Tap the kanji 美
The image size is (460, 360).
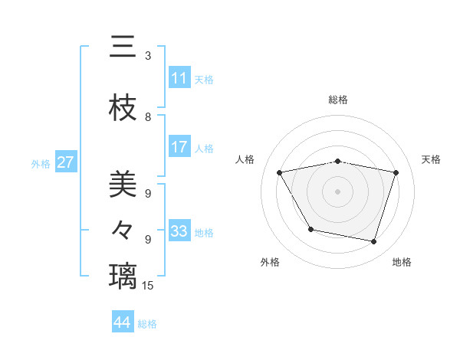[123, 186]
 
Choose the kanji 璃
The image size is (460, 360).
[123, 275]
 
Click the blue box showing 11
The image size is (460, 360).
[179, 78]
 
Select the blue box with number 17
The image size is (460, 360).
[179, 147]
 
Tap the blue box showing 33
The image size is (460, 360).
[179, 231]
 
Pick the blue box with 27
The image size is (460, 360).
[66, 162]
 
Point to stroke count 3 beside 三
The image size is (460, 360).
[148, 56]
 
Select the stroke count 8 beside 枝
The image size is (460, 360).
[148, 117]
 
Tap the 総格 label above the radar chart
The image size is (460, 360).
[338, 100]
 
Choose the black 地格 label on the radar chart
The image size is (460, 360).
[402, 262]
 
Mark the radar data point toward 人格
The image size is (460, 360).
[280, 173]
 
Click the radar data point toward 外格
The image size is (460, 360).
[310, 229]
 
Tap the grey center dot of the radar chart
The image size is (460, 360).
[338, 191]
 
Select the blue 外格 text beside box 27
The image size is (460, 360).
[41, 163]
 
